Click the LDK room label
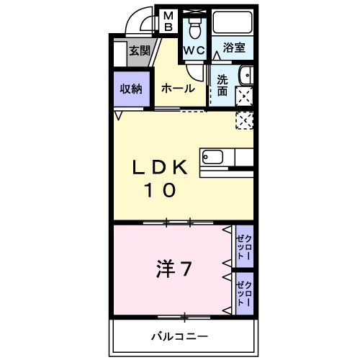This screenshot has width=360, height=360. (x=160, y=168)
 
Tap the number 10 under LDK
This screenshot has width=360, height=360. (x=160, y=191)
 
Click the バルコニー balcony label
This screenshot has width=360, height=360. (x=179, y=336)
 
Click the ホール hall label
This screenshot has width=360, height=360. (x=177, y=89)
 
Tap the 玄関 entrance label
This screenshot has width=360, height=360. (x=140, y=51)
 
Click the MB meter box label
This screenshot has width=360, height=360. (x=167, y=22)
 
